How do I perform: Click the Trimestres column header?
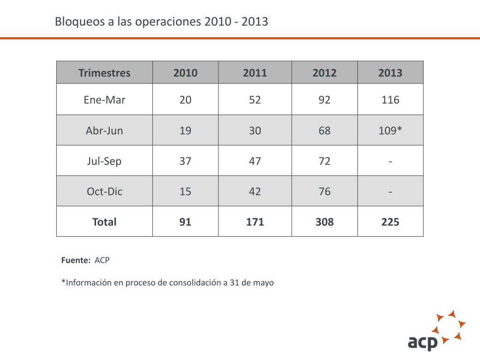pos(105,73)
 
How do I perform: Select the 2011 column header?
pos(255,73)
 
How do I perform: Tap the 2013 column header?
pos(390,73)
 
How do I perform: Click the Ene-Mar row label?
pos(105,100)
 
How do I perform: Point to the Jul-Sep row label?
pos(104,161)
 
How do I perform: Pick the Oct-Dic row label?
pos(105,191)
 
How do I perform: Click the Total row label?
pos(105,222)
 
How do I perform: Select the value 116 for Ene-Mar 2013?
pos(390,100)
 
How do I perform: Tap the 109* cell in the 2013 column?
pos(390,130)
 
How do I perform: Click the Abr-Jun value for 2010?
pos(185,130)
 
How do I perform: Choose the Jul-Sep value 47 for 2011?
pos(255,161)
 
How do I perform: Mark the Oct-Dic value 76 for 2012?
pos(324,191)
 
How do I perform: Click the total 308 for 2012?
pos(324,222)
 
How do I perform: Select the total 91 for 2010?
pos(185,222)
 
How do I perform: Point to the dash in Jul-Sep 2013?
pos(390,162)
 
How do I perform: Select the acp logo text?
pos(423,342)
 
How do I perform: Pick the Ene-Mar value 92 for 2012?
pos(324,100)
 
